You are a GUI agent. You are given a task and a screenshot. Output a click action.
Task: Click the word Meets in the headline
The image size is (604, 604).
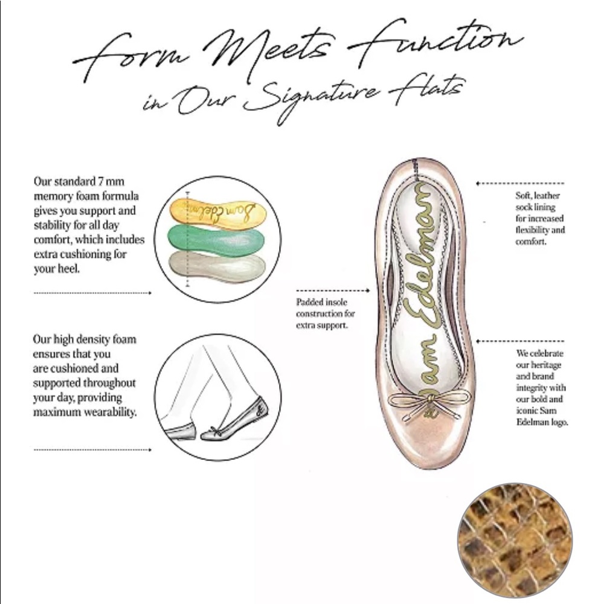(x=269, y=50)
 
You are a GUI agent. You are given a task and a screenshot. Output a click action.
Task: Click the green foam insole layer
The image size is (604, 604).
(x=216, y=241)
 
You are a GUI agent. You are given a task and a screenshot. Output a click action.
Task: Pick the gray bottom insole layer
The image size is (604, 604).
(x=217, y=266)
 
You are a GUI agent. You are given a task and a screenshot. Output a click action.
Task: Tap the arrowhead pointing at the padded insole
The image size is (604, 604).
(x=367, y=291)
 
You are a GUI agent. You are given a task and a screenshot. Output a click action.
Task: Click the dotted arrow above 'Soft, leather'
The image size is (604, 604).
(x=520, y=184)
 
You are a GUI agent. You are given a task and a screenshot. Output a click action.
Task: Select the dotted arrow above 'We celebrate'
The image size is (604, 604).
(x=520, y=341)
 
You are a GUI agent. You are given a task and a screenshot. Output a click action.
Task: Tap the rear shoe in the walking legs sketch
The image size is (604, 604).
(x=179, y=431)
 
